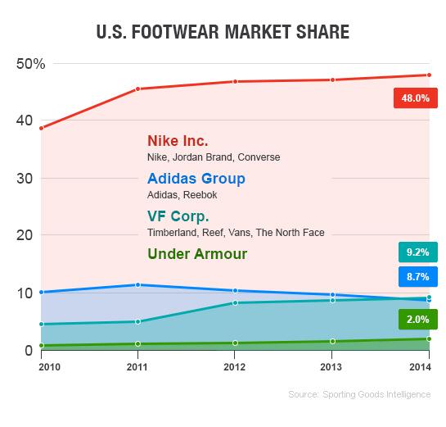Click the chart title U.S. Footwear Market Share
pyautogui.click(x=223, y=33)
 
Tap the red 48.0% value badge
pyautogui.click(x=416, y=98)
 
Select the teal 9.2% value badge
pyautogui.click(x=416, y=252)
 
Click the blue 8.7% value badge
pyautogui.click(x=416, y=277)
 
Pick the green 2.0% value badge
pyautogui.click(x=416, y=319)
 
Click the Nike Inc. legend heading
pyautogui.click(x=178, y=140)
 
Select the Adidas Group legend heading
pyautogui.click(x=196, y=179)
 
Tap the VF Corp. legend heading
pyautogui.click(x=178, y=216)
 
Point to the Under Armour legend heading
pyautogui.click(x=197, y=254)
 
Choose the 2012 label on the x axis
pyautogui.click(x=235, y=367)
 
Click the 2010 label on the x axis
pyautogui.click(x=41, y=367)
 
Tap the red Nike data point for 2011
pyautogui.click(x=137, y=89)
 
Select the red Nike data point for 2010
pyautogui.click(x=41, y=128)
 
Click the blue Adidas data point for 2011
pyautogui.click(x=137, y=284)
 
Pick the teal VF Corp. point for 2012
pyautogui.click(x=235, y=302)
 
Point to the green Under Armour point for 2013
pyautogui.click(x=332, y=341)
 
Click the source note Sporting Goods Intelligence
pyautogui.click(x=359, y=394)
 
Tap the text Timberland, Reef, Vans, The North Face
pyautogui.click(x=235, y=233)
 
